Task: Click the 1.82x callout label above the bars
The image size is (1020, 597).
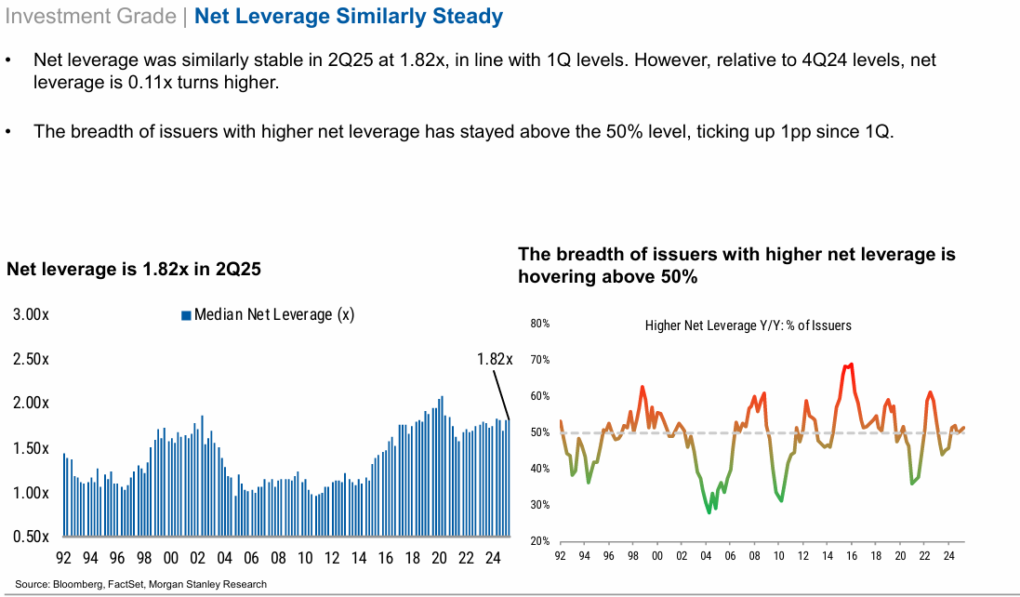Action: point(495,359)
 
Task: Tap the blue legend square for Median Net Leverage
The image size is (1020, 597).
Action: point(186,315)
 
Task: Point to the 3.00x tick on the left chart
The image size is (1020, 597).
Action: point(32,315)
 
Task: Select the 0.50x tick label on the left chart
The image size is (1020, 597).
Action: point(32,537)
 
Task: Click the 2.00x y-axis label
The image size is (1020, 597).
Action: point(32,404)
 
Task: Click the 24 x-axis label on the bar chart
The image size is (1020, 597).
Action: point(493,559)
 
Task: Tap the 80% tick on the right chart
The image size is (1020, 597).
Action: point(540,325)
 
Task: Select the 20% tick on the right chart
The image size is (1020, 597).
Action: point(540,541)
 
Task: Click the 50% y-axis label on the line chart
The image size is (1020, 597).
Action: point(540,433)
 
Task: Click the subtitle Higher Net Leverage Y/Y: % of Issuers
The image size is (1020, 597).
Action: point(748,325)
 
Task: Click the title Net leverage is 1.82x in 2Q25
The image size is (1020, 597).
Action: point(134,270)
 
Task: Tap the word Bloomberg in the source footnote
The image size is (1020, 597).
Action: point(75,584)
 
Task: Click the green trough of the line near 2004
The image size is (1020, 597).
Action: point(709,512)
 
